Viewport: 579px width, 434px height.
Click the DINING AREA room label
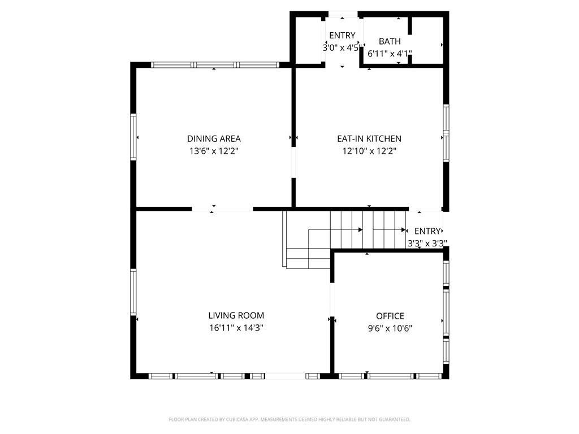coord(214,139)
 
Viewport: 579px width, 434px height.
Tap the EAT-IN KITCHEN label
coord(369,139)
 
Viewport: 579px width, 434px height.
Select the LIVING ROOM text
coord(236,315)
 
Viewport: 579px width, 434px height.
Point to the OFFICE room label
coord(390,316)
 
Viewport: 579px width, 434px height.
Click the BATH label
coord(390,41)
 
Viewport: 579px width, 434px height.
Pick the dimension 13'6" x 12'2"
coord(214,151)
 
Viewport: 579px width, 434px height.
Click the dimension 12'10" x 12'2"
coord(369,151)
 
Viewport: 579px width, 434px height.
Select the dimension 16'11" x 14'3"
coord(236,328)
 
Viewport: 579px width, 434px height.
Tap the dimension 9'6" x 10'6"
coord(390,328)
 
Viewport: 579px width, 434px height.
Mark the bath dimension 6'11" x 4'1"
coord(390,54)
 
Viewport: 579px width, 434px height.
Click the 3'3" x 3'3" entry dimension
coord(427,243)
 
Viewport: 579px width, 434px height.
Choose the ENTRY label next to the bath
coord(342,36)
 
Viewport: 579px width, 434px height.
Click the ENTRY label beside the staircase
coord(427,231)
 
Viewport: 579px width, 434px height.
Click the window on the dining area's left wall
coord(133,137)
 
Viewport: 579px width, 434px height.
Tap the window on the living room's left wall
coord(133,292)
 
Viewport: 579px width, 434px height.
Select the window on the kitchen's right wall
coord(446,133)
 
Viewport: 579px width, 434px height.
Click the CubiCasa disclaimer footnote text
coord(289,419)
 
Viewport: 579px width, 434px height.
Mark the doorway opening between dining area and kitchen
coord(293,163)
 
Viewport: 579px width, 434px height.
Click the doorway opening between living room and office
coord(332,300)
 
